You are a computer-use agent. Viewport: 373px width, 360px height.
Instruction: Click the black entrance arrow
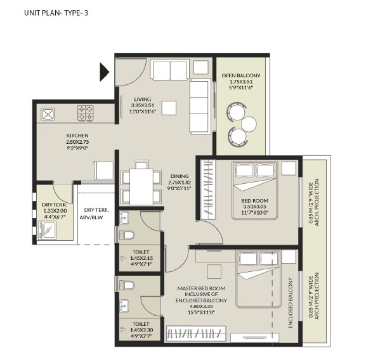pos(104,72)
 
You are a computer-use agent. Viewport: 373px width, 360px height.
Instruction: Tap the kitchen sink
pos(48,114)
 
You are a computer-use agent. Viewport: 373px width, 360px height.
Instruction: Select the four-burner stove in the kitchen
pos(86,113)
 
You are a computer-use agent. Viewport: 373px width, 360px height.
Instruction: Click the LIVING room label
pos(142,99)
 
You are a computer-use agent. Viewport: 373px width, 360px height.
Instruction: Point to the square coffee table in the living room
pos(169,108)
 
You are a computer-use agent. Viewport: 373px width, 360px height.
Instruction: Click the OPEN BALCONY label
pos(241,75)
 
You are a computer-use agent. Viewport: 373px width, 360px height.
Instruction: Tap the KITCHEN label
pos(77,136)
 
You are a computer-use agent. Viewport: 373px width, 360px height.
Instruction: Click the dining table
pos(141,186)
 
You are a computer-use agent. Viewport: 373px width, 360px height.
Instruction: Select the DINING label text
pos(180,176)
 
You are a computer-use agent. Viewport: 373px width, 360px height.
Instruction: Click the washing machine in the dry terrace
pos(47,230)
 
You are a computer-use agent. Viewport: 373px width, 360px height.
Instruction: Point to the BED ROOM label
pos(254,200)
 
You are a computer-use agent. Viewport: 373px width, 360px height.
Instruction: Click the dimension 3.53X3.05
pos(254,207)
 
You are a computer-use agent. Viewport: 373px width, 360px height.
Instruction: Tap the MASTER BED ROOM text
pos(201,288)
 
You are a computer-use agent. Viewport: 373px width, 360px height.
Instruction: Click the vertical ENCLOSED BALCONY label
pos(291,303)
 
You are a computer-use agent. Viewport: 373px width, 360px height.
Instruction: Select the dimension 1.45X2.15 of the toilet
pos(141,258)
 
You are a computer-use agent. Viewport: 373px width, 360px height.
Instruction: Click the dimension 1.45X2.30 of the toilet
pos(141,330)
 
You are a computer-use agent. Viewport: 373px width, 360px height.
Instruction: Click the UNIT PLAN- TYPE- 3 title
pos(56,13)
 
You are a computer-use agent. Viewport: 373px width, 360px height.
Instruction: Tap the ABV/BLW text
pos(91,217)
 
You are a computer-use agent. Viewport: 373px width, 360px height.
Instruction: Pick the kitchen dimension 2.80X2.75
pos(77,142)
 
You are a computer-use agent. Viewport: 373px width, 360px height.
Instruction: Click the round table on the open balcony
pos(249,124)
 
